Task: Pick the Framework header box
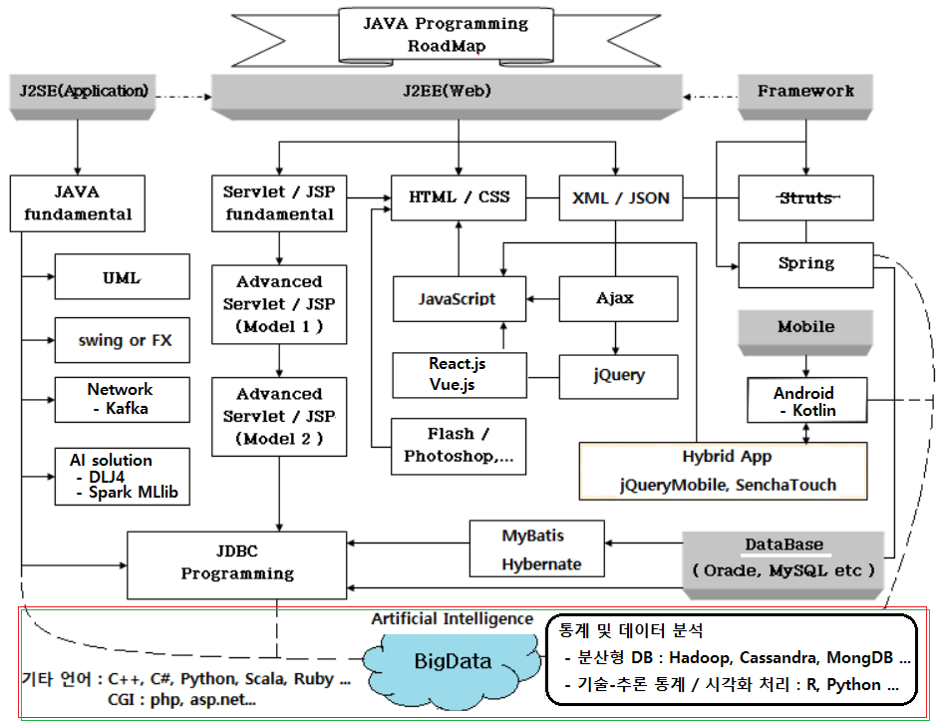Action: pos(805,92)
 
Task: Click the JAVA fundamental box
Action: pos(76,201)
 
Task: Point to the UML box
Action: pos(122,277)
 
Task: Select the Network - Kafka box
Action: pos(121,399)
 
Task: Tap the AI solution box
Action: pos(122,477)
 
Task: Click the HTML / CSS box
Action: pos(459,197)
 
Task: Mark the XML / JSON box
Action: pos(614,197)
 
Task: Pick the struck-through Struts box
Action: pos(805,197)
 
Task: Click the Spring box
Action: pos(805,263)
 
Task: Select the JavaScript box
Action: pos(458,298)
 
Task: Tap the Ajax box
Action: pos(614,298)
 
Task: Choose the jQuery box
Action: pos(618,376)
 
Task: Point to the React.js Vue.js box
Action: pos(458,374)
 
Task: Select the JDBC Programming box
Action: pos(236,563)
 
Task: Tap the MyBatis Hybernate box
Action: pos(539,549)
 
